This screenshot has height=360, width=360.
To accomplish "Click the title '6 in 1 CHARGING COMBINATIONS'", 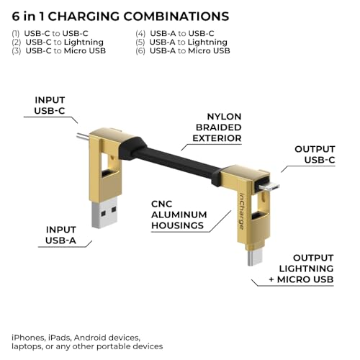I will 121,15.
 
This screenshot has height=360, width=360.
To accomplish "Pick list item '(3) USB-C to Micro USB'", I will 58,50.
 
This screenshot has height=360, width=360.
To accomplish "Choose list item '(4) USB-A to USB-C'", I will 176,33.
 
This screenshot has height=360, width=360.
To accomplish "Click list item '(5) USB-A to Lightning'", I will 181,42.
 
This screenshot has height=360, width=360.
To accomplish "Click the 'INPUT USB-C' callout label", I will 51,106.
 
